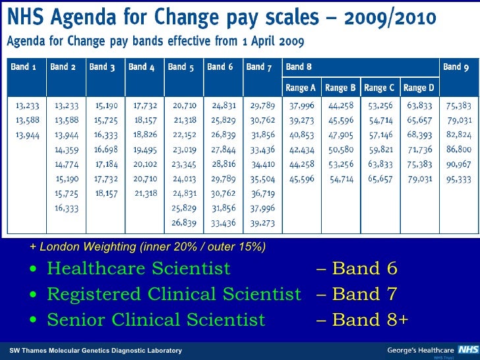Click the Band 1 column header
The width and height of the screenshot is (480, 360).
click(x=24, y=67)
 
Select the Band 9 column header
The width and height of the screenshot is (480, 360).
click(x=456, y=67)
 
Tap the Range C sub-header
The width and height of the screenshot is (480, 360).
click(x=380, y=88)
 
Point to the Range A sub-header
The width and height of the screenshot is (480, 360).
click(x=301, y=88)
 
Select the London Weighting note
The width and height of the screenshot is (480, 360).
click(x=148, y=247)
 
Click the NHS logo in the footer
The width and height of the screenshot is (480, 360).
click(x=469, y=349)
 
